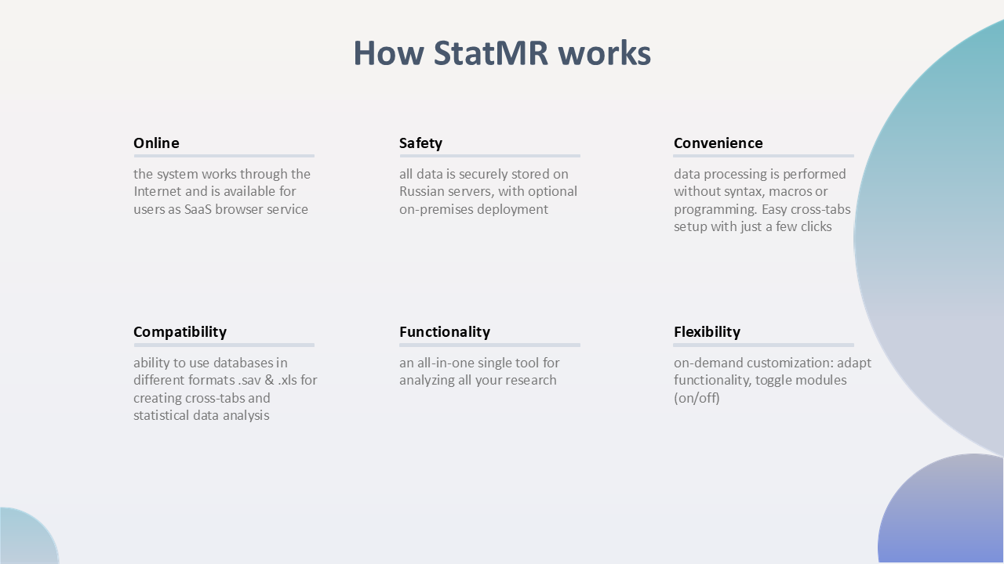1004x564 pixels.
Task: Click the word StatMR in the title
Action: click(x=491, y=52)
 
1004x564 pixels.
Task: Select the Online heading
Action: click(x=156, y=143)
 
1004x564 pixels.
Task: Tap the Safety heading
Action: click(x=421, y=143)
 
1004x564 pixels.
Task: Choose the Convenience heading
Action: click(x=718, y=143)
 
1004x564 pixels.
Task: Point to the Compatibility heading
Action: click(x=180, y=332)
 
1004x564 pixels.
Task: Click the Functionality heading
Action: click(x=445, y=332)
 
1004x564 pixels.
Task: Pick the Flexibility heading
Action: click(x=707, y=332)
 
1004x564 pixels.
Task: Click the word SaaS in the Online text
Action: click(x=198, y=209)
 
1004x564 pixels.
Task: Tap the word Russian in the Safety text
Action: click(x=418, y=192)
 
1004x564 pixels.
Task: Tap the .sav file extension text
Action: click(x=249, y=381)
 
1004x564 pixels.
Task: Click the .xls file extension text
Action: click(x=287, y=380)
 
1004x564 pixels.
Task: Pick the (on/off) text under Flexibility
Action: click(x=697, y=398)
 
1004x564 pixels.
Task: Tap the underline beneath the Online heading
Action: click(x=224, y=156)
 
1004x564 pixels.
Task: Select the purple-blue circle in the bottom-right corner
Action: click(x=941, y=510)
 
